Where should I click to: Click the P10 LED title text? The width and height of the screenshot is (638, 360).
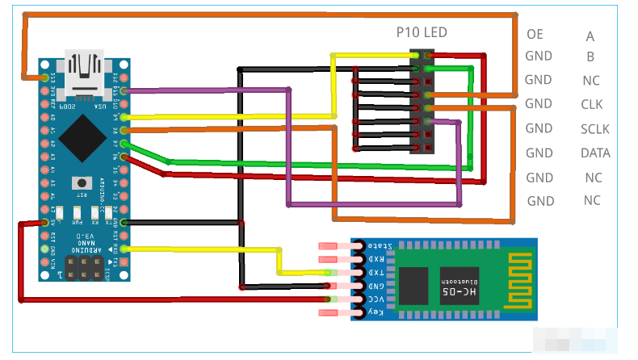421,33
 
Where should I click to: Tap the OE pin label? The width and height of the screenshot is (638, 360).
535,35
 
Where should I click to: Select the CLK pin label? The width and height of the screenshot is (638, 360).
592,104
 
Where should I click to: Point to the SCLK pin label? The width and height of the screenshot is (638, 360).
594,129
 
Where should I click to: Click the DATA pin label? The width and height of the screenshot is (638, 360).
595,153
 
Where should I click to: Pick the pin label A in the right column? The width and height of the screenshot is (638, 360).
590,36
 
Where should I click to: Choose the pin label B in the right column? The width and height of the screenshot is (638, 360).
591,57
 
